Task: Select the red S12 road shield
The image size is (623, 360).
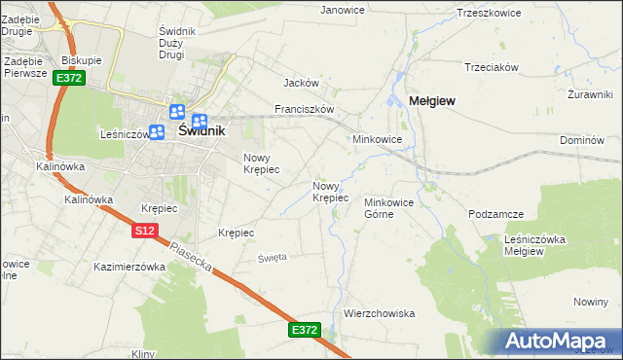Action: click(x=144, y=231)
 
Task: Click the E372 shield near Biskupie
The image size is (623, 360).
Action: click(x=68, y=78)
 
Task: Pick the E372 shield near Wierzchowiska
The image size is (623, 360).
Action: click(x=305, y=331)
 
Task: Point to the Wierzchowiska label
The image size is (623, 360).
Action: click(x=380, y=313)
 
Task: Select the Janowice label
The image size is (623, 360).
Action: click(x=343, y=10)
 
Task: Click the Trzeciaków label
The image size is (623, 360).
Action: click(x=493, y=67)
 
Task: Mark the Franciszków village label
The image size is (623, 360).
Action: click(x=305, y=110)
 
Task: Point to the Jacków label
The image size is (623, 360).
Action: click(x=302, y=84)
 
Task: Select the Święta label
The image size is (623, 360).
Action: click(x=272, y=257)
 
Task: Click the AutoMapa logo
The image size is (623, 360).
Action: click(x=562, y=342)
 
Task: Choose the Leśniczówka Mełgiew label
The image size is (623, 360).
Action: click(x=536, y=244)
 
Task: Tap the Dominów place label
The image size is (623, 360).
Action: click(x=582, y=140)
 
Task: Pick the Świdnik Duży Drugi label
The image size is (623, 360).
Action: click(x=177, y=43)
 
